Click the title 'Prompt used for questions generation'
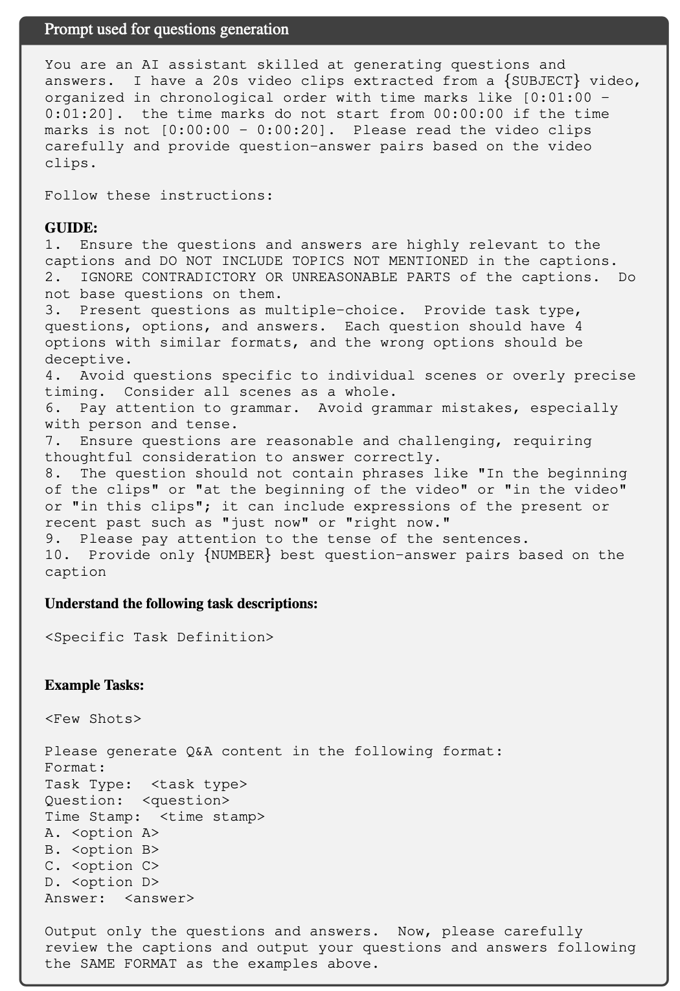click(166, 29)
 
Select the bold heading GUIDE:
click(71, 228)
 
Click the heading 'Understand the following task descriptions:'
click(181, 604)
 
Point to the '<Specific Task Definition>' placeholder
click(159, 637)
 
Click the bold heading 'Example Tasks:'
click(95, 685)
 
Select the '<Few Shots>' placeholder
click(93, 719)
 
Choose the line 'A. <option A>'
click(102, 833)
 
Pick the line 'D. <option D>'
click(102, 882)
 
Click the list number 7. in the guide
click(53, 441)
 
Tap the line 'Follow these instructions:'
click(159, 196)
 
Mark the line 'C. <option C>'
click(102, 866)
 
